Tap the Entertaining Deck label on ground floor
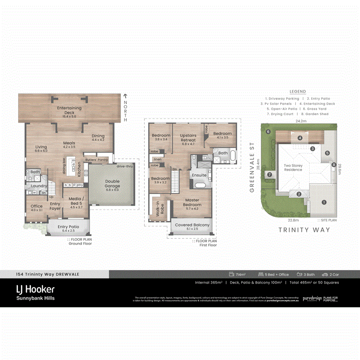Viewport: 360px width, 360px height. click(x=69, y=110)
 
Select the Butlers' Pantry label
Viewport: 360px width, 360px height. click(x=96, y=159)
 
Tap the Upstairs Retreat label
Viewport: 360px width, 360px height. click(x=188, y=138)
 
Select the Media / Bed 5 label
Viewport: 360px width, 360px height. click(x=76, y=201)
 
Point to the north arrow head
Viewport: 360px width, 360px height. click(x=125, y=96)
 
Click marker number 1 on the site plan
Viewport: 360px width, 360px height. click(x=324, y=202)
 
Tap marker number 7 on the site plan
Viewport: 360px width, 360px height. click(x=270, y=174)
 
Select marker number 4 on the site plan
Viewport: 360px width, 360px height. click(x=300, y=138)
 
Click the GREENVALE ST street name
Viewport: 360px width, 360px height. click(x=252, y=167)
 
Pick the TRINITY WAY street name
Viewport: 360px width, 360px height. click(x=304, y=230)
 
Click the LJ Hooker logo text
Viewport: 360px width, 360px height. click(x=35, y=289)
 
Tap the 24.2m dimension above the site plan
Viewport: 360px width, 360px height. click(x=301, y=120)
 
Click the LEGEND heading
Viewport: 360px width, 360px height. click(x=298, y=92)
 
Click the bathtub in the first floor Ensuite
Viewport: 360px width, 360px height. click(x=199, y=186)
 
